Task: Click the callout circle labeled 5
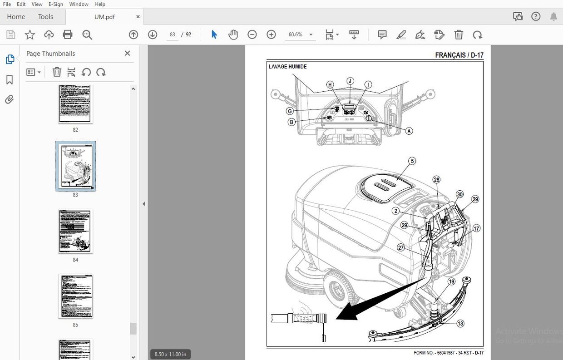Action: pos(412,161)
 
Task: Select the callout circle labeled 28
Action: pos(436,180)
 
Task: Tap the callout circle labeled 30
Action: pos(459,194)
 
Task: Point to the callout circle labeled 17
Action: pos(476,228)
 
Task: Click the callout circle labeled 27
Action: pos(401,247)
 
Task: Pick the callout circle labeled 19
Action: pos(451,282)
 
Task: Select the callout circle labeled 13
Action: pos(460,324)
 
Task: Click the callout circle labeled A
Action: pos(409,131)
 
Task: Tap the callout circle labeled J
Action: pos(350,81)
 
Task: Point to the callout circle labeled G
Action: pos(289,111)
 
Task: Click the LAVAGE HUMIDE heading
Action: pos(287,67)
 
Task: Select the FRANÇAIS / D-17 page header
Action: pos(459,55)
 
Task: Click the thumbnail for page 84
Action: pos(75,231)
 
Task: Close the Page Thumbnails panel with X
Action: pos(127,54)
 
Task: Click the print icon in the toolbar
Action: pos(68,35)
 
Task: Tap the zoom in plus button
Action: pos(271,35)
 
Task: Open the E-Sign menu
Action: pos(55,4)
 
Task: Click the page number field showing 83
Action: pos(173,35)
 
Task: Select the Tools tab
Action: pos(45,17)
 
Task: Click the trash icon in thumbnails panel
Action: pos(57,72)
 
